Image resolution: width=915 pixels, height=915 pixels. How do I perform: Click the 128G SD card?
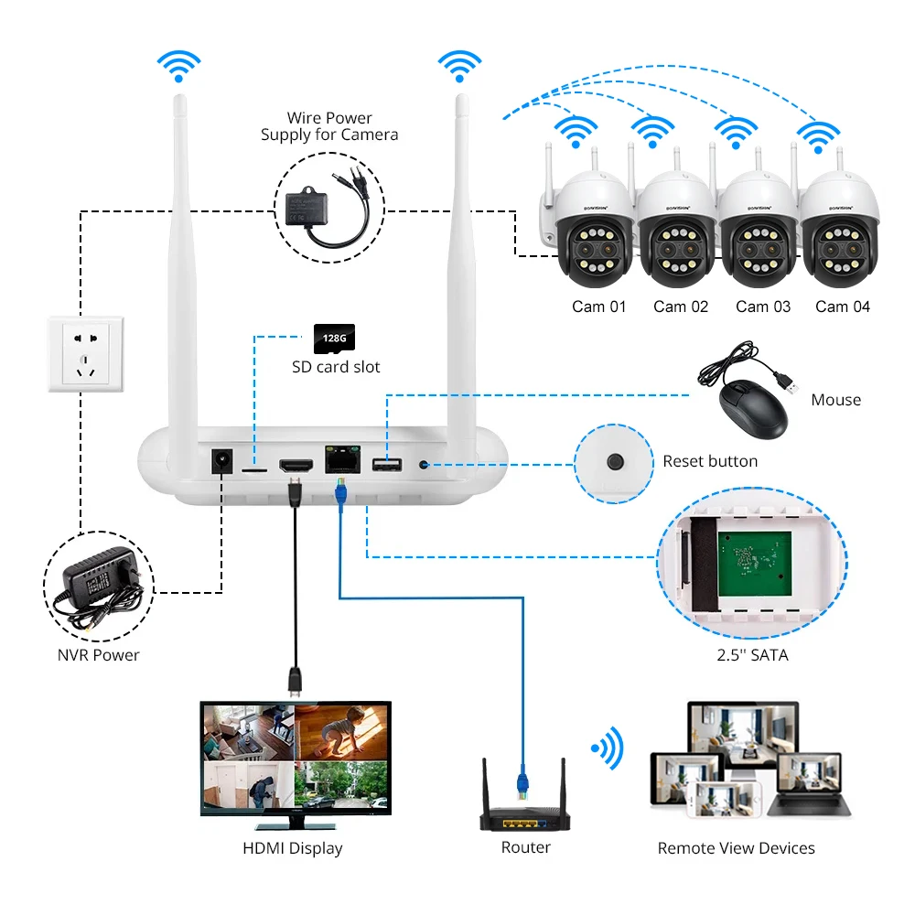point(334,339)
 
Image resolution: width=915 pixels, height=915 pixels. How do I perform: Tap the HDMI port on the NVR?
point(296,466)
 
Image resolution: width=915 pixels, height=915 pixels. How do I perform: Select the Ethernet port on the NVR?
point(342,460)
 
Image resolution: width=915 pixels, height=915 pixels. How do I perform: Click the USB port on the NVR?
point(387,465)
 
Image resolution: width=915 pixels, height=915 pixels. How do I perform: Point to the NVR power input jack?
point(221,461)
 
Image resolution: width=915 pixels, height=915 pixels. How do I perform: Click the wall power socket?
point(86,354)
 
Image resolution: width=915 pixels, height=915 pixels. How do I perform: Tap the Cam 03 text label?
point(763,307)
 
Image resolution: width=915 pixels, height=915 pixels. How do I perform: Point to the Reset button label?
point(710,461)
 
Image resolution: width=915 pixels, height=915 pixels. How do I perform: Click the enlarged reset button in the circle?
point(615,462)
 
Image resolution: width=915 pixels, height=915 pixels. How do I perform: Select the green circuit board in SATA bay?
point(755,564)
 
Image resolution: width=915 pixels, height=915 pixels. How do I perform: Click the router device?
point(524,808)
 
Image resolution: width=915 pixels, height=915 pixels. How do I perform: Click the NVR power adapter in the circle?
point(99,586)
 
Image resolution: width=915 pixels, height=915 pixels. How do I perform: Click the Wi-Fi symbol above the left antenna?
point(178,65)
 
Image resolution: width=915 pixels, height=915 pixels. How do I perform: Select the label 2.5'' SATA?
point(752,655)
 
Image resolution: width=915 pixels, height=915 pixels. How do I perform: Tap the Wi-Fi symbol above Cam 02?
point(652,131)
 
